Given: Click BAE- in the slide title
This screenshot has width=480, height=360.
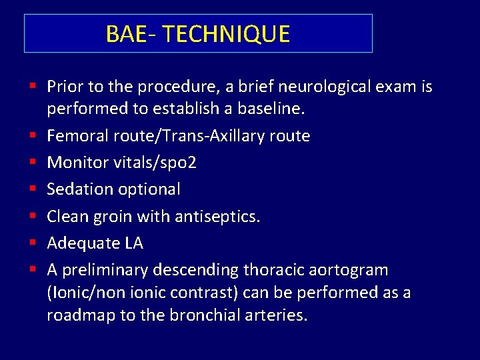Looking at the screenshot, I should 131,34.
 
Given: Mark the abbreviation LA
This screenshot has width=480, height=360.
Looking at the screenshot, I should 133,243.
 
